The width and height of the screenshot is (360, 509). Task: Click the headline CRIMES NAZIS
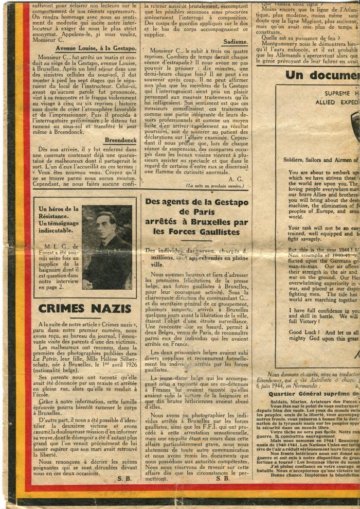coord(85,309)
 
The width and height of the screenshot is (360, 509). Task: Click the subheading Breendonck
coord(120,140)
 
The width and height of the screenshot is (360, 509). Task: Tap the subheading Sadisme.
coord(236,42)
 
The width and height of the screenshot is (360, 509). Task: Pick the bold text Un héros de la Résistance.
coord(58,213)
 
